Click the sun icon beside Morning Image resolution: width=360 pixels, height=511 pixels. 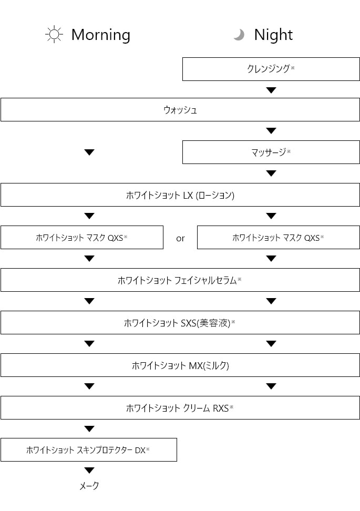pyautogui.click(x=54, y=34)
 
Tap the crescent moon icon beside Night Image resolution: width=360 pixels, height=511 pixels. pyautogui.click(x=239, y=35)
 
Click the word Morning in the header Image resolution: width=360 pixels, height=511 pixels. pyautogui.click(x=101, y=35)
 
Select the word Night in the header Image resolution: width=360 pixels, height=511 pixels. pyautogui.click(x=273, y=35)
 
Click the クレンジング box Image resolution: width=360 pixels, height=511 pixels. pyautogui.click(x=271, y=69)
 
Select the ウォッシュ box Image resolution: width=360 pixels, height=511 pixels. pyautogui.click(x=180, y=110)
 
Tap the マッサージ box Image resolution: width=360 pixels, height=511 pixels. pyautogui.click(x=271, y=152)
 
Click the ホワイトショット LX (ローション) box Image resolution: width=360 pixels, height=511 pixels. pyautogui.click(x=180, y=195)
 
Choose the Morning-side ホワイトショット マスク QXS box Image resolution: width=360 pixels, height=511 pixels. pyautogui.click(x=82, y=237)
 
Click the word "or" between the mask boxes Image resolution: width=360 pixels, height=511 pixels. pyautogui.click(x=180, y=239)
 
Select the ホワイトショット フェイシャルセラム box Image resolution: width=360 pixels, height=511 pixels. pyautogui.click(x=180, y=280)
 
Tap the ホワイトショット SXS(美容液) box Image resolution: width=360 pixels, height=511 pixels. pyautogui.click(x=180, y=323)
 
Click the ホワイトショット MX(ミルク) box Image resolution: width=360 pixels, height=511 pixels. pyautogui.click(x=180, y=365)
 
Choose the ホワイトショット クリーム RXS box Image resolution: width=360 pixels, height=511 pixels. pyautogui.click(x=180, y=407)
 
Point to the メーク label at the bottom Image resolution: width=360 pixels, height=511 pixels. pyautogui.click(x=89, y=486)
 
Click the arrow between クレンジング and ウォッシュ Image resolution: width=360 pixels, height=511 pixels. pyautogui.click(x=271, y=90)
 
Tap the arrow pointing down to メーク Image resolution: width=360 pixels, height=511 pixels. pyautogui.click(x=89, y=471)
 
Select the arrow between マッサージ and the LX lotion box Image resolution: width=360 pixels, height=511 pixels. pyautogui.click(x=271, y=173)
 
